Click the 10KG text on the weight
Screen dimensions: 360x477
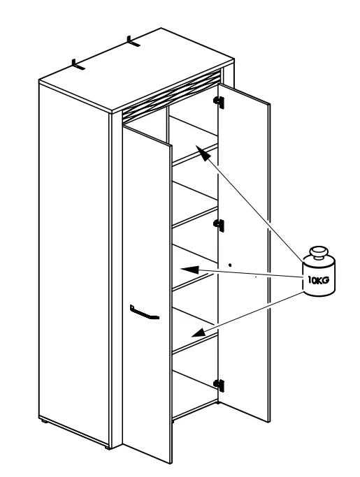click(318, 280)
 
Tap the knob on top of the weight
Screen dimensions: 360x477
click(319, 252)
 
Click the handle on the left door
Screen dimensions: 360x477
click(144, 312)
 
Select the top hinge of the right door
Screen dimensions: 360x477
click(219, 102)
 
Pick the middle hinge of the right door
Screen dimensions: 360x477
click(219, 225)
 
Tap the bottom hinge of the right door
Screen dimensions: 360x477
click(219, 385)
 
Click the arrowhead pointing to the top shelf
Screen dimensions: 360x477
click(203, 153)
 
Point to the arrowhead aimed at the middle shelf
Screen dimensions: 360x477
click(189, 270)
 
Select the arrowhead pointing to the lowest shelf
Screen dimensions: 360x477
click(199, 332)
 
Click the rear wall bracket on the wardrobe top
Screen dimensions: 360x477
click(134, 42)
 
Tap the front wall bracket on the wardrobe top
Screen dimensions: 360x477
click(78, 65)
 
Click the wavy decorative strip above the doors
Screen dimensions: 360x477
click(171, 96)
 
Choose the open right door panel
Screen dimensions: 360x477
click(244, 253)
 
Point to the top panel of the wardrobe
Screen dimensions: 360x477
click(137, 70)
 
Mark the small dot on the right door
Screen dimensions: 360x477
click(230, 265)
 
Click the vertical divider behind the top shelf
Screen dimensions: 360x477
click(168, 124)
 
